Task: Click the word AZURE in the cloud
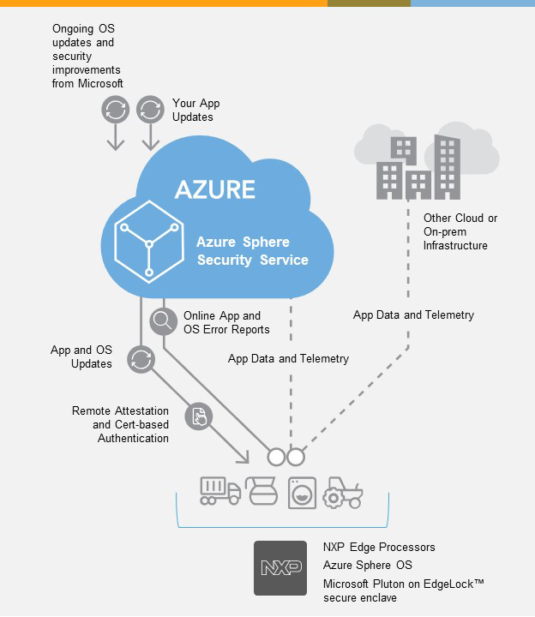214,189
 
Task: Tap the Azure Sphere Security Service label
252,251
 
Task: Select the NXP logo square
280,567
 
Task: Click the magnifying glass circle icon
161,321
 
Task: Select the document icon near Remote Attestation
198,416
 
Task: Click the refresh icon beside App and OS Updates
140,360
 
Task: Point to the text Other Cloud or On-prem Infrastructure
460,231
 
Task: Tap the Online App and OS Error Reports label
226,322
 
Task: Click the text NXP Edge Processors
379,547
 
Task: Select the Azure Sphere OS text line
367,565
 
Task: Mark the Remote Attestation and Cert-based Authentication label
120,425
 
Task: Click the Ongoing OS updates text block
87,56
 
